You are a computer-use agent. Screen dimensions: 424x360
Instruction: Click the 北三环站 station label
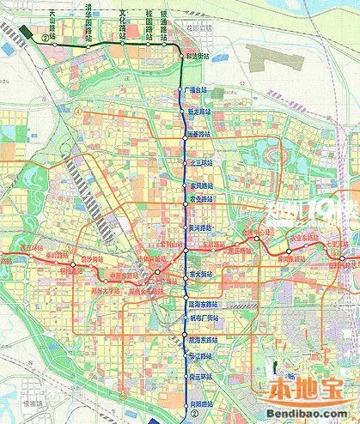click(x=199, y=161)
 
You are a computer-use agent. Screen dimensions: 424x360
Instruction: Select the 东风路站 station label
click(x=199, y=184)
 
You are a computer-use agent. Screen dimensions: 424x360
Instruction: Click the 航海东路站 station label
click(x=202, y=342)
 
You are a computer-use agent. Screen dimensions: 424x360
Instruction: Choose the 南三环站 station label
click(x=199, y=376)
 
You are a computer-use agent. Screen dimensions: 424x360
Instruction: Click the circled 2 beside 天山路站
click(x=44, y=38)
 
